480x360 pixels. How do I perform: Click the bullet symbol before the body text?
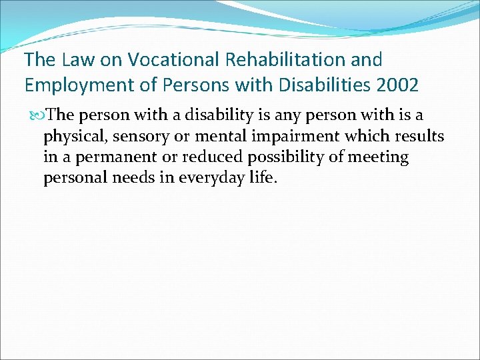pyautogui.click(x=37, y=115)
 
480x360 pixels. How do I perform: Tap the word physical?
pyautogui.click(x=70, y=137)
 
